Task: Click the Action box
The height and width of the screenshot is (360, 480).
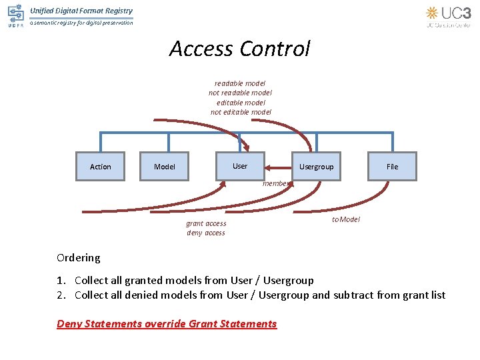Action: click(100, 167)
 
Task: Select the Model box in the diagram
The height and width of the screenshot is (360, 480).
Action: click(165, 167)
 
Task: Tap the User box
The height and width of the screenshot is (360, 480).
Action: click(240, 166)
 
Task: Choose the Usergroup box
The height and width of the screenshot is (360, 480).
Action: click(316, 167)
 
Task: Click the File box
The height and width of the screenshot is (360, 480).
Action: click(392, 167)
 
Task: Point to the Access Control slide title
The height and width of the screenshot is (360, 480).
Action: click(239, 49)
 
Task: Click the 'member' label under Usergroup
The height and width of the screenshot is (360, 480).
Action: click(275, 183)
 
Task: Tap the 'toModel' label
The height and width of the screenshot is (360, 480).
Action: click(345, 219)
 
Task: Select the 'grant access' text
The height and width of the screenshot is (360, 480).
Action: click(206, 223)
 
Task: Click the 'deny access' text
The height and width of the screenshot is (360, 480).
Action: click(206, 233)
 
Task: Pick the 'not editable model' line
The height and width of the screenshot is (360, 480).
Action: click(241, 112)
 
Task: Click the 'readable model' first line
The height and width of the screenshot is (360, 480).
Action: click(240, 83)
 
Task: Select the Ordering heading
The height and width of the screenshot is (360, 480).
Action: click(79, 257)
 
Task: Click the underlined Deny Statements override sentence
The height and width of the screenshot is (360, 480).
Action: click(167, 324)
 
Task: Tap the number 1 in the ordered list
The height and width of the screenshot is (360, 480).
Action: click(61, 281)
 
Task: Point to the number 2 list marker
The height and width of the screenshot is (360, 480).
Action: click(61, 295)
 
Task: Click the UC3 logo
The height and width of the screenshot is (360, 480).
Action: click(448, 16)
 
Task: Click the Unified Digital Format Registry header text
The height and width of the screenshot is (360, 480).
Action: click(81, 11)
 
